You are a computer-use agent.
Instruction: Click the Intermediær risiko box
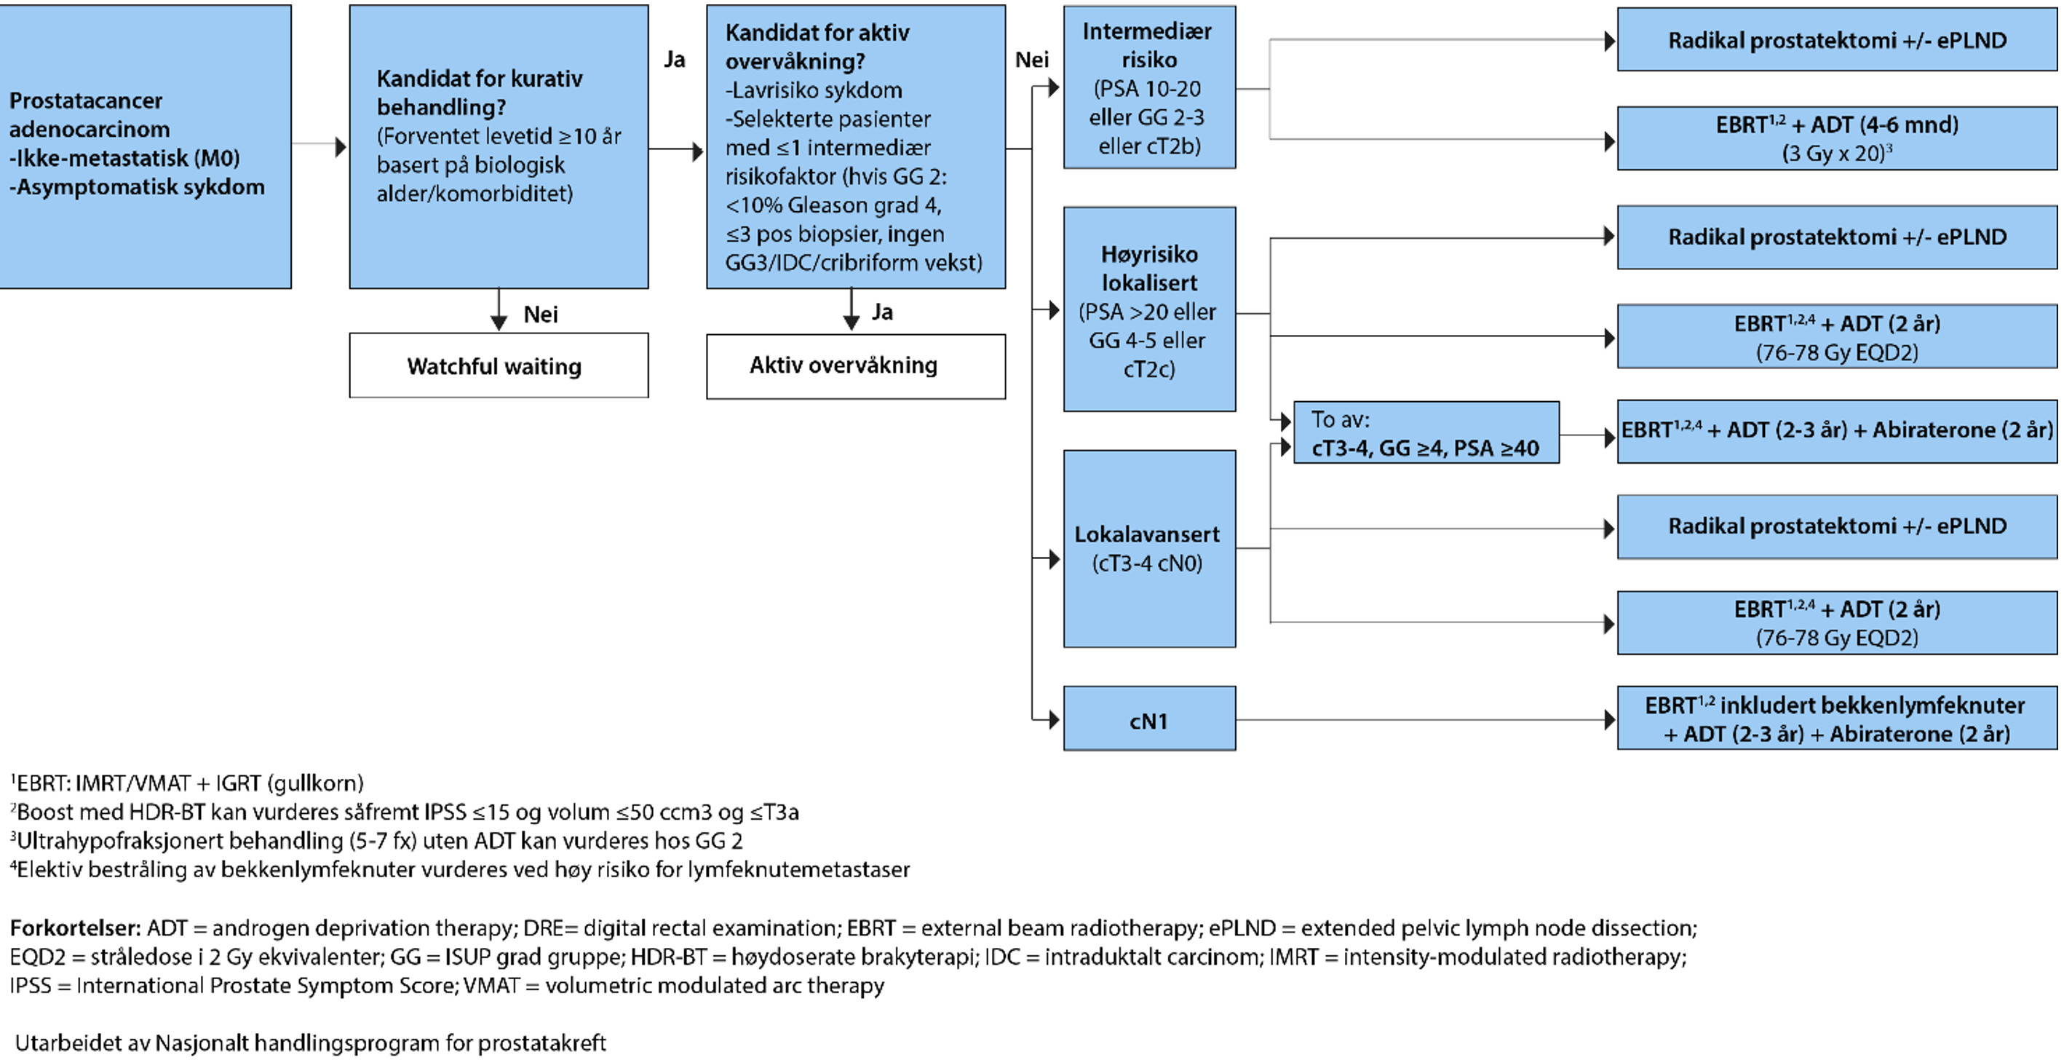tap(1149, 87)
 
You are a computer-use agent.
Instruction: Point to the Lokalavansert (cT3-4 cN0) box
tap(1149, 548)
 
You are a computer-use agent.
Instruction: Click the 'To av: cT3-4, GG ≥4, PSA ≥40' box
tap(1426, 432)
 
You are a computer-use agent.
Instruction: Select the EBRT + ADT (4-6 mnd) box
tap(1836, 138)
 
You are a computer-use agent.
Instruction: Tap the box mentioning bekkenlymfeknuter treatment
tap(1836, 718)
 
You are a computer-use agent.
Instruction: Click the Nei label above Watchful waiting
tap(541, 314)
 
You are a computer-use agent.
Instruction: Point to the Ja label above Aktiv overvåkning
tap(882, 312)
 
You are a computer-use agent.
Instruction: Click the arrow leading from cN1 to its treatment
tap(1426, 719)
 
